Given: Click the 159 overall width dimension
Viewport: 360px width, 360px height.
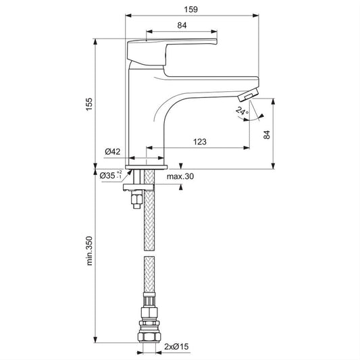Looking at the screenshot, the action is click(190, 9).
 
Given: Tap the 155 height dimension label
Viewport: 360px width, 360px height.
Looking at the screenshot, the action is click(89, 104).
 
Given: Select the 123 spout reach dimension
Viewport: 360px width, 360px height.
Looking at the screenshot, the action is click(200, 142).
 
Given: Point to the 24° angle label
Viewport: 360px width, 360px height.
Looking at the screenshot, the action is click(242, 111).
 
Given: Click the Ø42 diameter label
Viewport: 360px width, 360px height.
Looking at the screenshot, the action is click(113, 151).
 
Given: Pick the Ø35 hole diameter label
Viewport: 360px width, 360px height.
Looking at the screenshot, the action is click(111, 176).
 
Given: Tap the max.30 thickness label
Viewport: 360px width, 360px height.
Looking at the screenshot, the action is click(180, 176).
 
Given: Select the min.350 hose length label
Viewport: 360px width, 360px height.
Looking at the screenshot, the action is click(89, 251).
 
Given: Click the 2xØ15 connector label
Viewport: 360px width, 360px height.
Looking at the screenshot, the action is click(176, 346).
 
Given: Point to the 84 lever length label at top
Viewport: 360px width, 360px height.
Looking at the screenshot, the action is click(182, 25).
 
